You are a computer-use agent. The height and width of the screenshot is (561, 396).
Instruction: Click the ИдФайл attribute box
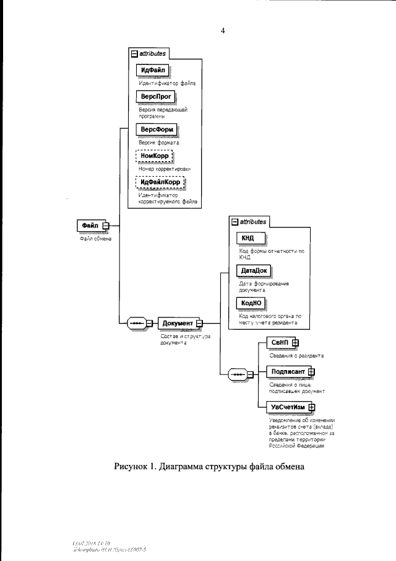click(x=153, y=69)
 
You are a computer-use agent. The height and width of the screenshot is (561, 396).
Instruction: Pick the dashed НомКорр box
click(x=155, y=156)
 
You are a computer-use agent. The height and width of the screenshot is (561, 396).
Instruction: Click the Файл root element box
click(x=89, y=225)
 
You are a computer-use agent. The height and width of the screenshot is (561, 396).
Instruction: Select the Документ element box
click(x=178, y=322)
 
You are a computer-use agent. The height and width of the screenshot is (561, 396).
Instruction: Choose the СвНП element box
click(x=281, y=342)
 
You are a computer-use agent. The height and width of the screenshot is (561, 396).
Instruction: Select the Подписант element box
click(x=288, y=372)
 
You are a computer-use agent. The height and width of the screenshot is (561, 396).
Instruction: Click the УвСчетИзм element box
click(x=288, y=407)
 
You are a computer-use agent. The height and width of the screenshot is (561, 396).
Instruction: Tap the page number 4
click(x=222, y=30)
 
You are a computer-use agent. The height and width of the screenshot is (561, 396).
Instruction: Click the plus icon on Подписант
click(x=311, y=372)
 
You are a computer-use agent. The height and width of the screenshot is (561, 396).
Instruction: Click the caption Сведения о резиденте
click(x=297, y=356)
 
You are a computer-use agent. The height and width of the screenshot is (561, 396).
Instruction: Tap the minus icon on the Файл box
click(x=105, y=225)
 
